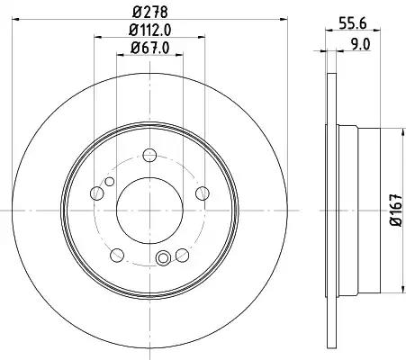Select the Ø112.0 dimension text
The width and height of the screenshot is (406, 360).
coord(149,32)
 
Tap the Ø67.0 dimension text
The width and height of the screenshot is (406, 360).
coord(149,50)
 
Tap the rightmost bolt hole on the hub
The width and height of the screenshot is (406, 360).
coord(201,193)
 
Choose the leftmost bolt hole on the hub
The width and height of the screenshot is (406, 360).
coord(98,193)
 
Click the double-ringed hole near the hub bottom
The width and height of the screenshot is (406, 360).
coord(163,260)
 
